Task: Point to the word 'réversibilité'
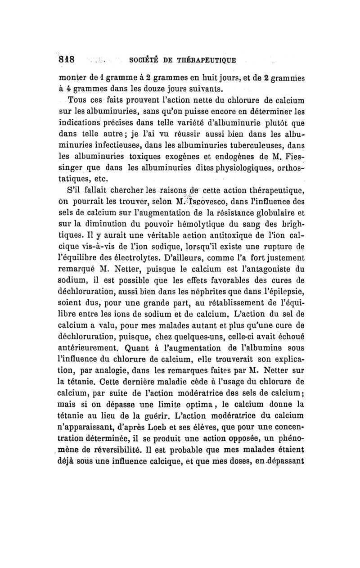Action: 120,449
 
